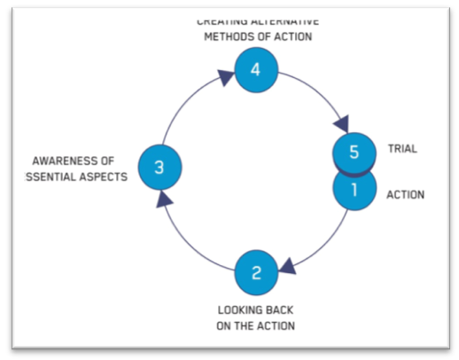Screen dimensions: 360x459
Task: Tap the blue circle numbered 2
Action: pyautogui.click(x=256, y=273)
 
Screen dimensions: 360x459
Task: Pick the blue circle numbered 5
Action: pyautogui.click(x=354, y=152)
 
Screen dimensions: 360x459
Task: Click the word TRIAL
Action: pyautogui.click(x=402, y=150)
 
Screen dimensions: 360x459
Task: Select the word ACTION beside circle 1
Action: pyautogui.click(x=406, y=194)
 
